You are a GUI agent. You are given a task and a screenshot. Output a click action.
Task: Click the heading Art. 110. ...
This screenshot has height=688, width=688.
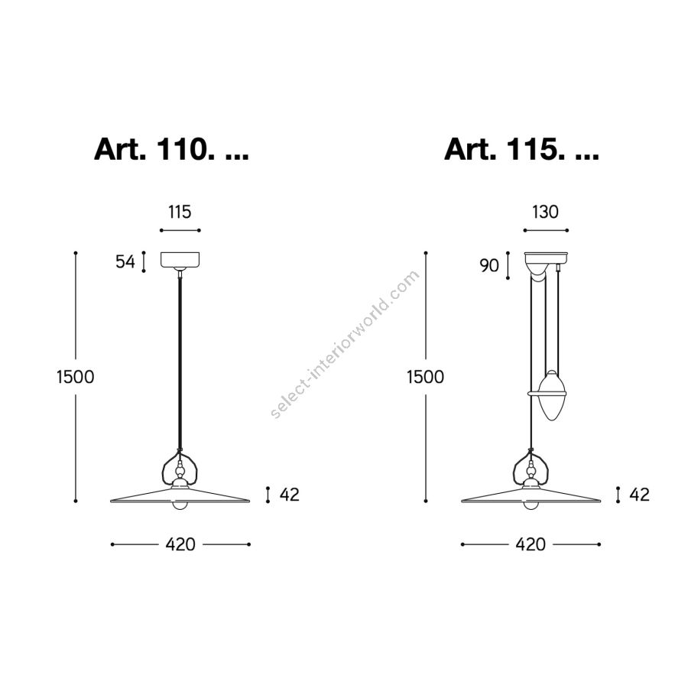coord(151,149)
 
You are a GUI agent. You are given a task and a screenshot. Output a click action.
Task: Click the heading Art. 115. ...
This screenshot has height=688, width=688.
coord(501,149)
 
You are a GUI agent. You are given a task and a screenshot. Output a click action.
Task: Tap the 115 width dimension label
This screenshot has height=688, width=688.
coord(180,212)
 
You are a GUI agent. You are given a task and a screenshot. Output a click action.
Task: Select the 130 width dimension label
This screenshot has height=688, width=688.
coord(545,212)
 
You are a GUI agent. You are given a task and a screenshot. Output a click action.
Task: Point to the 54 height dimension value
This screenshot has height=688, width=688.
coord(125,261)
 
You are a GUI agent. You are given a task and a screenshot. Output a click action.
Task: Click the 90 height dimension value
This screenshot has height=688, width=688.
coord(489,265)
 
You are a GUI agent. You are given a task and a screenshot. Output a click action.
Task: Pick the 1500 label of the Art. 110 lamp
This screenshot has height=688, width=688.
coord(76,377)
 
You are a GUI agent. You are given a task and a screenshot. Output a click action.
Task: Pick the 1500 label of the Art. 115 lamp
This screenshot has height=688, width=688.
coord(425,377)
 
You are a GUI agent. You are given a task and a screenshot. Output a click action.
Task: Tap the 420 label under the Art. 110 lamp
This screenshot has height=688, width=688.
coord(180,544)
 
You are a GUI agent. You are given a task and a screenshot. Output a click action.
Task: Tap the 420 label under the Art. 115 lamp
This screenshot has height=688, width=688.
coord(531,544)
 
